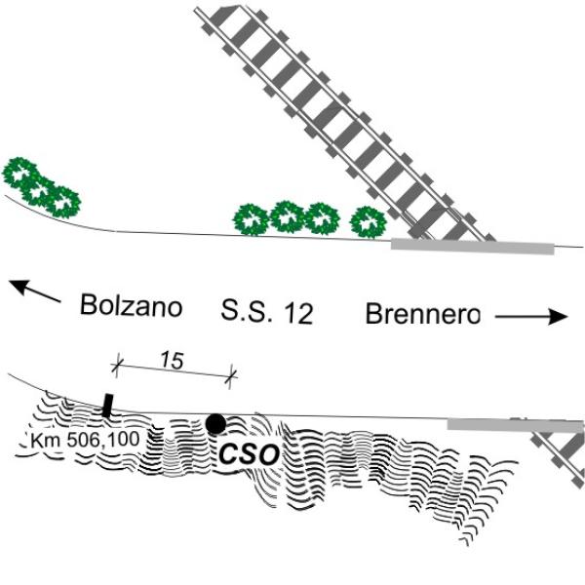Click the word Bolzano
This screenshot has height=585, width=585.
(x=131, y=305)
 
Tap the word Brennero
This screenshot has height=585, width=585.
(x=423, y=314)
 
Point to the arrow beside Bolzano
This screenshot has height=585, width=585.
(x=34, y=291)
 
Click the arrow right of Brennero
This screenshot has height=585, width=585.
(x=531, y=317)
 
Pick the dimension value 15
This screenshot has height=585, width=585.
(x=172, y=361)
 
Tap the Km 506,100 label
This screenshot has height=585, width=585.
(x=86, y=440)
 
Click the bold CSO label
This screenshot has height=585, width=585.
(x=249, y=454)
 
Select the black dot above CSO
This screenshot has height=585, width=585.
(x=215, y=424)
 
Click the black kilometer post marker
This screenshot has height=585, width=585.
(x=107, y=405)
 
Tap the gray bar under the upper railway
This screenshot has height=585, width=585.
(x=472, y=247)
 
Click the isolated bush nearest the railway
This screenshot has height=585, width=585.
(x=369, y=222)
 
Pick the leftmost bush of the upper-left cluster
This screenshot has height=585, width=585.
(x=19, y=173)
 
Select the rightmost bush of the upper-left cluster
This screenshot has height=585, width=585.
(x=62, y=202)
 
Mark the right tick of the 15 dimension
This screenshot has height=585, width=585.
(x=231, y=376)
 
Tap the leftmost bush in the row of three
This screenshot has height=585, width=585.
(x=251, y=219)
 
